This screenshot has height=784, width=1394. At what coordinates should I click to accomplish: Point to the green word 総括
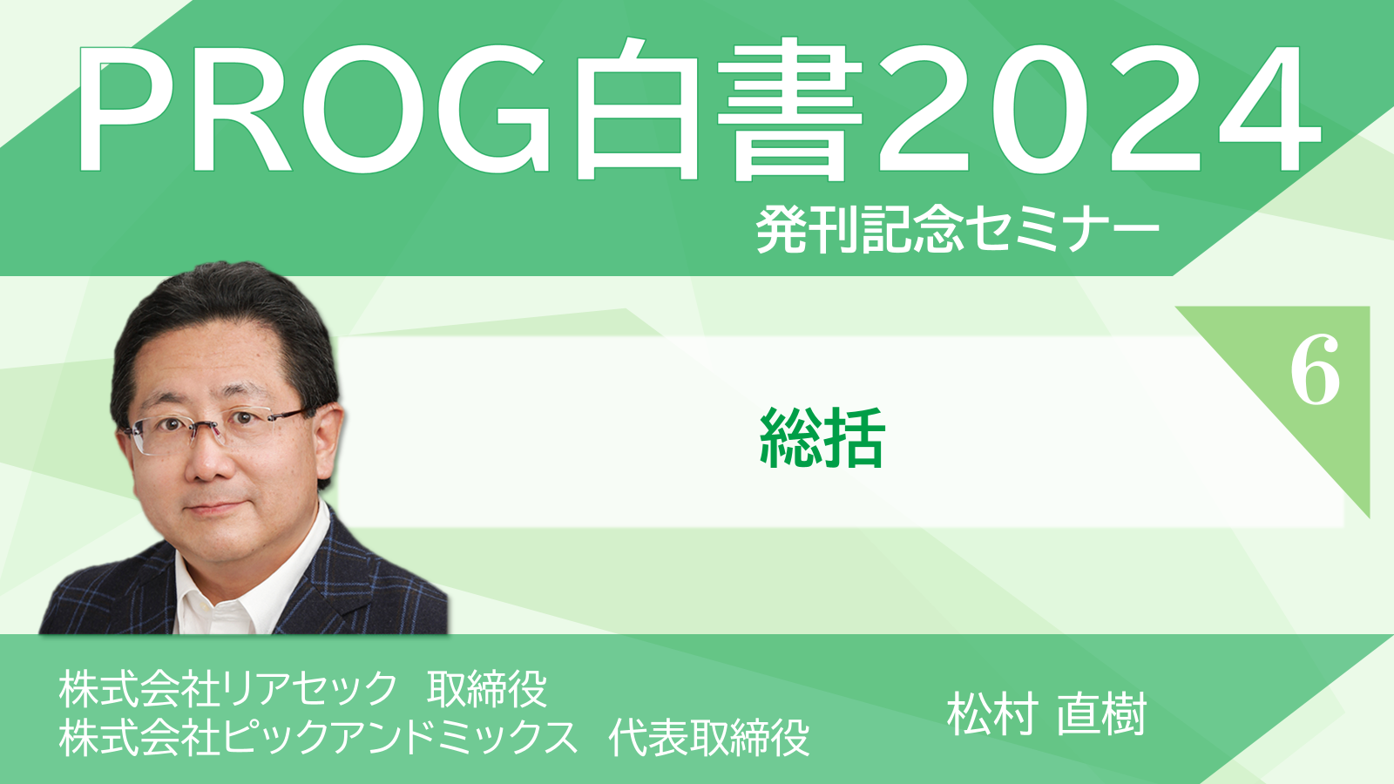coord(822,438)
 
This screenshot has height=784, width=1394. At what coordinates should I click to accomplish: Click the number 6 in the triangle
coord(1315,370)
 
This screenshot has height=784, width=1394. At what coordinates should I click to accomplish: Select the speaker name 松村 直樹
coord(1046,714)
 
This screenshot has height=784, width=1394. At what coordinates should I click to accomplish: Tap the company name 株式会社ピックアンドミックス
coord(318,737)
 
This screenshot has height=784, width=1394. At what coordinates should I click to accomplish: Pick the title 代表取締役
coord(709,737)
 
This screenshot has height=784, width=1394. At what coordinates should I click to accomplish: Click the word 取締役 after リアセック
coord(487,689)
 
